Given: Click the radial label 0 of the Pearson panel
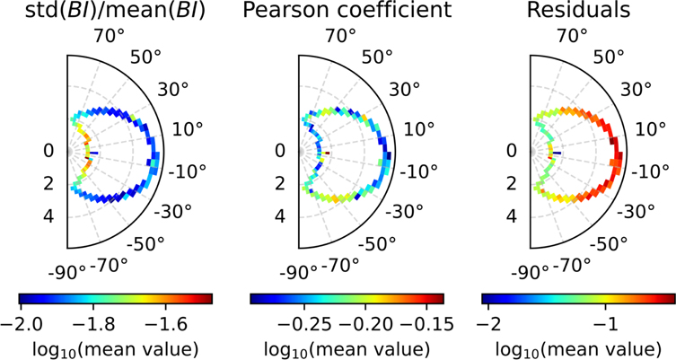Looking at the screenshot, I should point(281,152).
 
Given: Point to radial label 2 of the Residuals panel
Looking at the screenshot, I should point(513,184).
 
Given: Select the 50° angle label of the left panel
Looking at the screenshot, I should point(147,57).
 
